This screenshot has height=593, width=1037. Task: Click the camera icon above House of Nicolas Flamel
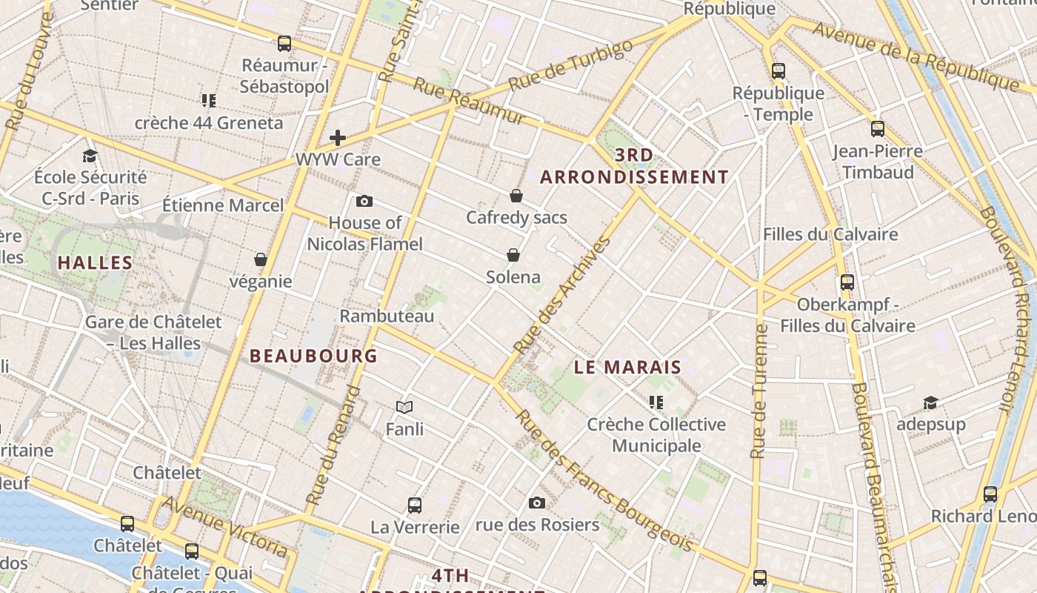click(x=364, y=201)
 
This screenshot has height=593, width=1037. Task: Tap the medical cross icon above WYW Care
click(x=338, y=137)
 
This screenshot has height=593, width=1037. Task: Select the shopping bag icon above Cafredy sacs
click(x=516, y=196)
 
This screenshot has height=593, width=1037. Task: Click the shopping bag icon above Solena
click(x=513, y=255)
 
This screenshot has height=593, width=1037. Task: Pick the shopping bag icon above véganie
click(x=261, y=259)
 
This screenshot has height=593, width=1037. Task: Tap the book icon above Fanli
click(x=404, y=407)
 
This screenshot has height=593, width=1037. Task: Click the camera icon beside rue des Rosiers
click(x=537, y=503)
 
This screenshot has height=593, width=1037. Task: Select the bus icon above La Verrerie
click(x=415, y=506)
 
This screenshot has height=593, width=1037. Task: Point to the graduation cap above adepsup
click(x=930, y=402)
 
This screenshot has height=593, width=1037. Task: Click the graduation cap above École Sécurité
click(x=90, y=156)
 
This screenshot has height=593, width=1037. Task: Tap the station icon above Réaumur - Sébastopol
click(x=284, y=44)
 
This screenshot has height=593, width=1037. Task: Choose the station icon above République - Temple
click(x=778, y=71)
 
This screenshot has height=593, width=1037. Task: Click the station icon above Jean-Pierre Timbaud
click(x=878, y=129)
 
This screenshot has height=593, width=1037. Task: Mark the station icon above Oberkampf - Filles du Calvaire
click(x=847, y=282)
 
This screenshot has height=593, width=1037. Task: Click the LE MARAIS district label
click(x=628, y=367)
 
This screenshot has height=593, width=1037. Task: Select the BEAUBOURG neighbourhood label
click(x=314, y=356)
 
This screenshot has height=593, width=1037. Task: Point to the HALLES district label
click(x=95, y=262)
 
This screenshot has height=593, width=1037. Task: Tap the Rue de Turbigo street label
click(x=571, y=64)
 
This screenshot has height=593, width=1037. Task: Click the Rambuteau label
click(x=387, y=316)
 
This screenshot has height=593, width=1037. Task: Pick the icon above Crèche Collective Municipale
click(x=656, y=402)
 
